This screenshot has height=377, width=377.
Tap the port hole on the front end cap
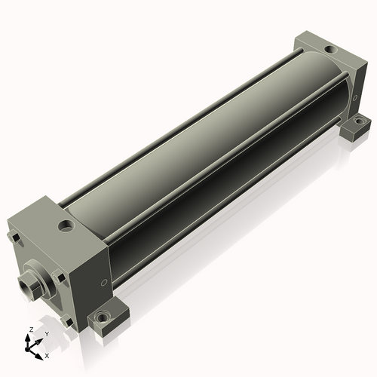click(66, 225)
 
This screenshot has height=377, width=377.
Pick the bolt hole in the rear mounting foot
click(360, 121)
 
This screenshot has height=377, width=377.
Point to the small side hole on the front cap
click(104, 283)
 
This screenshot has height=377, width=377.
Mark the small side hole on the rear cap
click(355, 98)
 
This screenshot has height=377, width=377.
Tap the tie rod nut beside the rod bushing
click(59, 276)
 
